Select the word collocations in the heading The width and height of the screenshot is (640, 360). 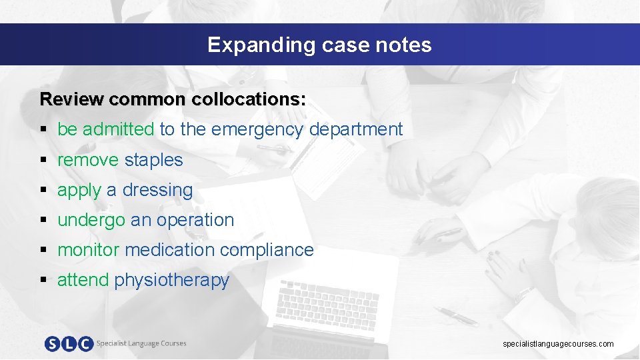click(x=249, y=99)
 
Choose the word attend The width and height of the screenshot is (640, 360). click(x=83, y=280)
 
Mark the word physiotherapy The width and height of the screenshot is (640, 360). click(x=172, y=281)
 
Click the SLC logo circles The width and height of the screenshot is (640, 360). click(x=69, y=343)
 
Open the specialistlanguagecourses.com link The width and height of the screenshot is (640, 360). click(x=558, y=344)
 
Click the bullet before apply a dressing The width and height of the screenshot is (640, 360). click(x=43, y=191)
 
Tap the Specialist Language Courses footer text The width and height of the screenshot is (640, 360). click(x=141, y=343)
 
